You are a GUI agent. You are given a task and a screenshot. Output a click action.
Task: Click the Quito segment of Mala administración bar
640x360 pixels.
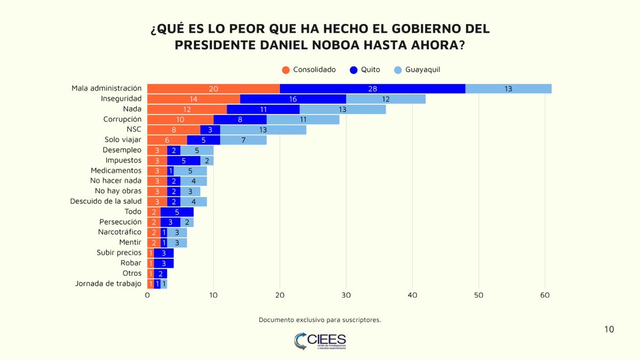pos(372,89)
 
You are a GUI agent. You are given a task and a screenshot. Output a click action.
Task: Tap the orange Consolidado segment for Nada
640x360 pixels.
pos(187,109)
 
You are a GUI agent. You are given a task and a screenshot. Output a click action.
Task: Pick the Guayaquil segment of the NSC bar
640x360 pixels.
pos(263,130)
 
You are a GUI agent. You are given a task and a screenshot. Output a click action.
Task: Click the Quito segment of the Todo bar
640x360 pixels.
pos(177,212)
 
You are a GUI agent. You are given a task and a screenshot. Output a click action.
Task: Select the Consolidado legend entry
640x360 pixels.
pos(309,69)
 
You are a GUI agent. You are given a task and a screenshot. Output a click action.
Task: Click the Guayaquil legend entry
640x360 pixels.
pos(417,69)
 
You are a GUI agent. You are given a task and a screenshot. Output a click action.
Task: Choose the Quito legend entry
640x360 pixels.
pos(365,69)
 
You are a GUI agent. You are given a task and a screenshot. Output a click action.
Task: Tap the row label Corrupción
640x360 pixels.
pos(122,119)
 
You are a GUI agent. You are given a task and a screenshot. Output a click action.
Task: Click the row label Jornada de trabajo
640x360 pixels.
pos(108,283)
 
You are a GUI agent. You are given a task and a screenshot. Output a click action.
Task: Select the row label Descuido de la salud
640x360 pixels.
pos(106,201)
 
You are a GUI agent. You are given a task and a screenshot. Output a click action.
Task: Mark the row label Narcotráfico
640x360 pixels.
pos(119,232)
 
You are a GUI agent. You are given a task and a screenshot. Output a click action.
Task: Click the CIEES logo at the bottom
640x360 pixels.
pos(319,341)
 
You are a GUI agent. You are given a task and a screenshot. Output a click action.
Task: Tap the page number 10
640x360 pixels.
pos(609,329)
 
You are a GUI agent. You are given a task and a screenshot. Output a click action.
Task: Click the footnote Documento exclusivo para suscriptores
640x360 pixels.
pos(319,320)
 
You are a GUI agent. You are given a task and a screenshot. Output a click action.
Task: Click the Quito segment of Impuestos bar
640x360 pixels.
pos(183,161)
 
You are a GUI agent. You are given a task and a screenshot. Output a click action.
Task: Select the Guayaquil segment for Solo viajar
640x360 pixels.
pos(243,140)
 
